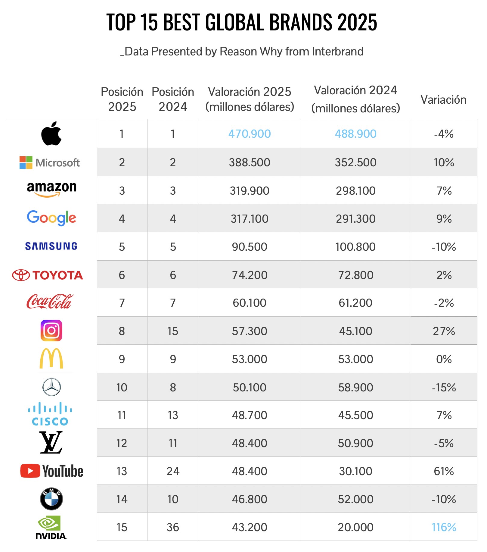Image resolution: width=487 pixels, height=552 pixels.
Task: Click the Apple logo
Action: pos(51,133)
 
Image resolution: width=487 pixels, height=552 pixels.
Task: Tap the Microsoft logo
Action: pos(50,163)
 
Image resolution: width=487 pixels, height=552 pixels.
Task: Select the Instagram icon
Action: pos(51,331)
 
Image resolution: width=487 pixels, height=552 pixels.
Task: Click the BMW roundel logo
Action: pos(51,499)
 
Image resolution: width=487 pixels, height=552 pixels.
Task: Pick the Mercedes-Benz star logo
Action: pos(51,387)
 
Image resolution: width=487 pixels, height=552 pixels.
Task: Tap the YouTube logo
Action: pos(52,471)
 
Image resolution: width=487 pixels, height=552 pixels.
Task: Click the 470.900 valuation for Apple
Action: pos(250,134)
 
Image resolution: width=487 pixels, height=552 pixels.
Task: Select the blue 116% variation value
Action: pos(444,527)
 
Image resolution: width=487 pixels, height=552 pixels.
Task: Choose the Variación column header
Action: pos(443,100)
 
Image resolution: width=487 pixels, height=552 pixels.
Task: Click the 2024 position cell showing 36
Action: pos(173,527)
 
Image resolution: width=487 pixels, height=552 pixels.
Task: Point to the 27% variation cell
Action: pos(444,331)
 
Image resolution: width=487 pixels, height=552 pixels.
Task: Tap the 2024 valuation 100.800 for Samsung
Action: pos(355,247)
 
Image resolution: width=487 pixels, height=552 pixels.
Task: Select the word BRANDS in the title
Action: pos(301,22)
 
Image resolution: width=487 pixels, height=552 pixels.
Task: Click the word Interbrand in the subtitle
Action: pos(338,52)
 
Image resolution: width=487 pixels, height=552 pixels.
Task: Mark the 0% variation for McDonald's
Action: pos(444,359)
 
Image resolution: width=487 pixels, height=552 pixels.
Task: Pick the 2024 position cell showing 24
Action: pos(173,471)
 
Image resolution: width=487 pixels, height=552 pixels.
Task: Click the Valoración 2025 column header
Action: pos(250,99)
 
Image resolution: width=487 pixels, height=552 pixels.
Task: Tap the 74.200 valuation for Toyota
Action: pos(250,275)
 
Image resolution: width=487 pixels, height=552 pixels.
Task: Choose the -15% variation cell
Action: pos(444,387)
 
